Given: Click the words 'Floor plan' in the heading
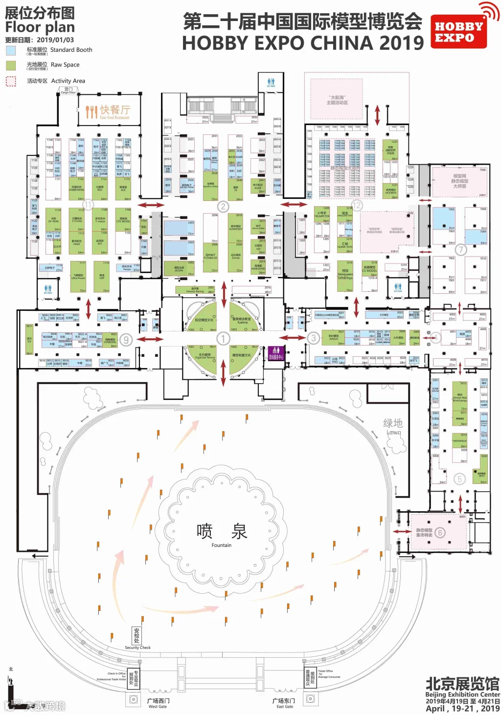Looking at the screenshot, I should [x=40, y=27].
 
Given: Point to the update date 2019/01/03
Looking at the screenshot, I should [x=55, y=40].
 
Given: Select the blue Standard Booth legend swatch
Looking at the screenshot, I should [x=11, y=50].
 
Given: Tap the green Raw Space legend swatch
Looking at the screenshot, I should [x=11, y=65].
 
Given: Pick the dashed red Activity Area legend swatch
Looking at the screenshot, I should [x=11, y=81].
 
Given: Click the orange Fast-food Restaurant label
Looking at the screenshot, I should [x=108, y=112].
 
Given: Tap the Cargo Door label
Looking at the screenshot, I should [x=68, y=90].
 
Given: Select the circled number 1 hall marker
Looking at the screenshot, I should [x=223, y=338].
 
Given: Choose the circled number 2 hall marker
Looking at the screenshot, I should [x=223, y=206].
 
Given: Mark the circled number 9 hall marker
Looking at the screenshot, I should [x=126, y=340].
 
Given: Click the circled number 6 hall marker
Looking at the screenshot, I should [x=440, y=532].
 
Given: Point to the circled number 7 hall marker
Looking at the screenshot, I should [x=460, y=250].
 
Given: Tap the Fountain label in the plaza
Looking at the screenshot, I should [x=222, y=545].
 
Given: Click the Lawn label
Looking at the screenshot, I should [x=393, y=433].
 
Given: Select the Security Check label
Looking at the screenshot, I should [x=137, y=648].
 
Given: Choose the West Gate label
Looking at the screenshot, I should [x=158, y=706].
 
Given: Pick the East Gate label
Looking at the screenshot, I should [x=285, y=706].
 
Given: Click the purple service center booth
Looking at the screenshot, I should [x=276, y=353].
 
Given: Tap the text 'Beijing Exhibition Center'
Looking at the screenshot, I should [x=462, y=694].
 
